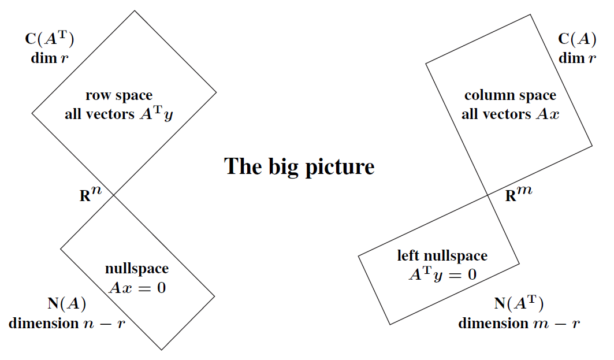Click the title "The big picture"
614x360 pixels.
299,166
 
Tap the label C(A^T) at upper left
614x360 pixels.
50,40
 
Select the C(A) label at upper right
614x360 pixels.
577,40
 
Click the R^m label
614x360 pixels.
518,195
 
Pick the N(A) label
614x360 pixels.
66,304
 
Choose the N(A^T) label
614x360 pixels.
519,304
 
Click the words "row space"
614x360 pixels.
119,96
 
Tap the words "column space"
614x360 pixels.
510,95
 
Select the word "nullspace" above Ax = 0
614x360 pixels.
137,269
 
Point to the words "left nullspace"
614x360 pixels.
442,255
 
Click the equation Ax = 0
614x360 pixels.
137,287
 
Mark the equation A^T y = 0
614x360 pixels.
442,274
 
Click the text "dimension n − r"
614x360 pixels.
66,323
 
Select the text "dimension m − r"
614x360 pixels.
519,323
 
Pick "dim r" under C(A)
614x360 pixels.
577,58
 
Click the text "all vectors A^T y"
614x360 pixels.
119,114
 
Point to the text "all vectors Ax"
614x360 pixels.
510,114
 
